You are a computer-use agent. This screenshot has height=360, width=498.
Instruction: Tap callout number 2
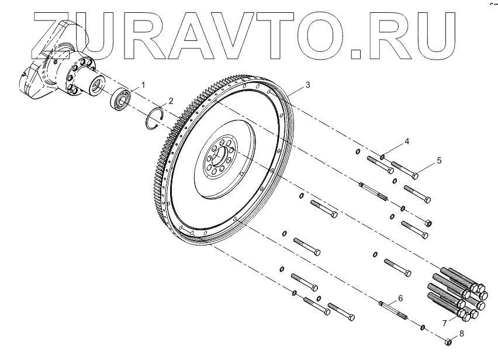tap(171, 100)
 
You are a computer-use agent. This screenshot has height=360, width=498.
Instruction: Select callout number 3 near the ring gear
tap(308, 85)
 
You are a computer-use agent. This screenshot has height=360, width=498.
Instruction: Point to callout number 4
tap(406, 141)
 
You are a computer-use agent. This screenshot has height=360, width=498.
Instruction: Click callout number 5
tap(439, 159)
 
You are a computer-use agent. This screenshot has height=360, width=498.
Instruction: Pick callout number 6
tap(400, 297)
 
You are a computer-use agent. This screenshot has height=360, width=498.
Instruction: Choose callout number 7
tap(444, 322)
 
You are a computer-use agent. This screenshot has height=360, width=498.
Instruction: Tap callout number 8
tap(461, 334)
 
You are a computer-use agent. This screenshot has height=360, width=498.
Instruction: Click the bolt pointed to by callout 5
tap(404, 169)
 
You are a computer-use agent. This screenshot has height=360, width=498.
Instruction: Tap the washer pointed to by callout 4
tap(382, 156)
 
